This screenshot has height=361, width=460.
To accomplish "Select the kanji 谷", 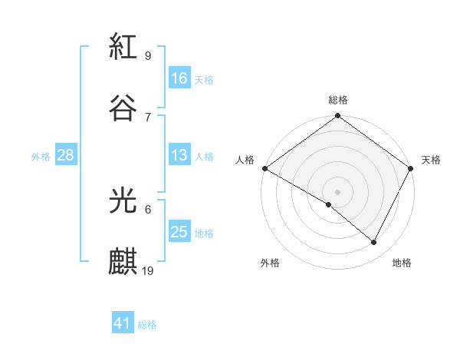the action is (x=123, y=107).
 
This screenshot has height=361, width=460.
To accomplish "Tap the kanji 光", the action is (x=123, y=201).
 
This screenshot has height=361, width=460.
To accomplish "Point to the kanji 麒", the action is (x=123, y=261).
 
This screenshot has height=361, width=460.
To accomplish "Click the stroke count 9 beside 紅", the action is (x=147, y=56).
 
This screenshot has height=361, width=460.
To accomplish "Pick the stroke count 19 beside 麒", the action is (x=149, y=270).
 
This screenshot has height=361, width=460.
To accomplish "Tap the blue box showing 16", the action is (x=179, y=78).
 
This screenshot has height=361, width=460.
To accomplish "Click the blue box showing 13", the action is (x=179, y=155).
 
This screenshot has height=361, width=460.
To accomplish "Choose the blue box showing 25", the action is (x=179, y=232).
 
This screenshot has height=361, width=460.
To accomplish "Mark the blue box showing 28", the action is (x=66, y=155).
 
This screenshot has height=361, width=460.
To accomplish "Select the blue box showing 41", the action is (x=123, y=324).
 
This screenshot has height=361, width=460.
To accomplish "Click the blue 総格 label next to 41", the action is (x=147, y=325).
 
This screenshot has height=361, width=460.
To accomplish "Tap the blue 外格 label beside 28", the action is (x=41, y=156).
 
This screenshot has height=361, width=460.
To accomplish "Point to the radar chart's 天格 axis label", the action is (x=431, y=160).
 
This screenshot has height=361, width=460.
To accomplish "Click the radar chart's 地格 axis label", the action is (x=402, y=263).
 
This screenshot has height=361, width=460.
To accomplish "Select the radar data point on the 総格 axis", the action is (x=337, y=116).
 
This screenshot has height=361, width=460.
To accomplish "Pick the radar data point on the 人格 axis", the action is (x=264, y=168).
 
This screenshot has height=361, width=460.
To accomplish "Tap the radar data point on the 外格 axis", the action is (x=329, y=204).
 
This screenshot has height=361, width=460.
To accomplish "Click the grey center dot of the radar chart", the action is (x=337, y=191).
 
